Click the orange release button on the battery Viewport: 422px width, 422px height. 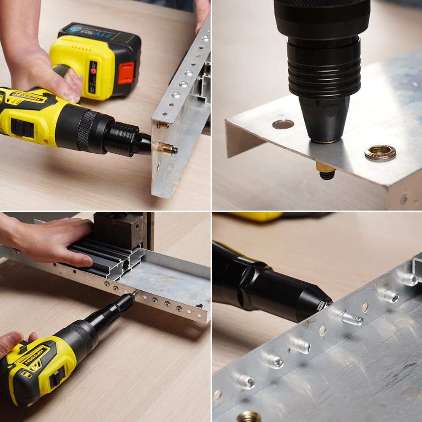pos(126,73)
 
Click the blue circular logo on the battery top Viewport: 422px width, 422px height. pos(75,30)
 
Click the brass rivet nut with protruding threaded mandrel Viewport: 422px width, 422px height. pos(167,148)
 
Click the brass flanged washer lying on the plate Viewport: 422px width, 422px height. pos(380,152)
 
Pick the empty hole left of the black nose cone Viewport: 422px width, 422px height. pos(283,124)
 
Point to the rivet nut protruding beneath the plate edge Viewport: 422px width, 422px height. pos(326,171)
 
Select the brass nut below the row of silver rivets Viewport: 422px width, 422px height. pos(249,417)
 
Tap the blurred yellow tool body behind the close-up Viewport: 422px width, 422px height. pos(257,216)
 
